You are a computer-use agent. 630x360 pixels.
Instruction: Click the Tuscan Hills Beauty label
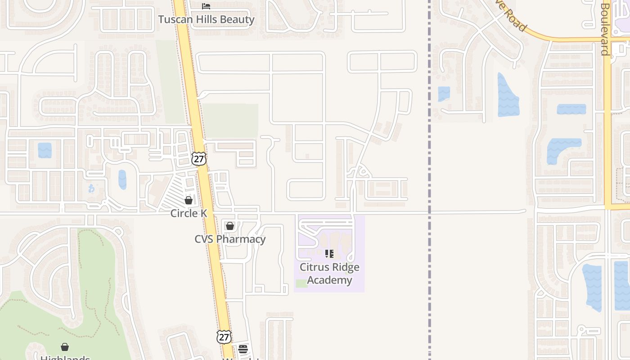206,19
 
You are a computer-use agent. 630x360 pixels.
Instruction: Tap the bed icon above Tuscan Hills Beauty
206,6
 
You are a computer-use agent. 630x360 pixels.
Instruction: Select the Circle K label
189,213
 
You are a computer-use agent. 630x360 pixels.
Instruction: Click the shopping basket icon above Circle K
189,200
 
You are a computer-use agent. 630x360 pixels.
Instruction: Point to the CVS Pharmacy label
230,239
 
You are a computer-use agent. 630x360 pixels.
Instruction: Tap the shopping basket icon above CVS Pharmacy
230,225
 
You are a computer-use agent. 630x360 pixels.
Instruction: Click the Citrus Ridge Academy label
329,274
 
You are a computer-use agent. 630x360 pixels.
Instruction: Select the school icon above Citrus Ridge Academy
329,254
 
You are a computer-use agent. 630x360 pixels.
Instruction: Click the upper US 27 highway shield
198,158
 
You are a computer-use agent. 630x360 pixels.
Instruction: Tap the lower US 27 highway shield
224,337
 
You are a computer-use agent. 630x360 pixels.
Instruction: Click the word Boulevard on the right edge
605,29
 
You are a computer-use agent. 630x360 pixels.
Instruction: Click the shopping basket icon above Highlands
65,347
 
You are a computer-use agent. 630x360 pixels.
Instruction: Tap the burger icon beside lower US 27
243,349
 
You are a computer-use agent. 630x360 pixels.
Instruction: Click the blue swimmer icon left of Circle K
92,189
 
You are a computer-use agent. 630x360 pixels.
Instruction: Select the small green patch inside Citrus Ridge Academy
301,283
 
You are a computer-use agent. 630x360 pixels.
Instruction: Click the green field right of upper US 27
230,121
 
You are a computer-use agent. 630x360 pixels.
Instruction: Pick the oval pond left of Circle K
122,180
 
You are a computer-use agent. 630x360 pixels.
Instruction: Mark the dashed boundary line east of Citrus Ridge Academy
429,270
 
